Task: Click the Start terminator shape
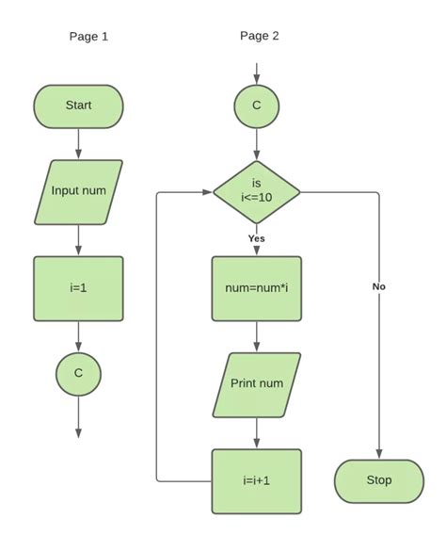(78, 106)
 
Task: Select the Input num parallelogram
(78, 191)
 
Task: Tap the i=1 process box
(78, 287)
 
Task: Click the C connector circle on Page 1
(78, 373)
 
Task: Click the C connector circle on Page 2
(256, 105)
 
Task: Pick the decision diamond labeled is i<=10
(256, 192)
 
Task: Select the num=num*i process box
(256, 287)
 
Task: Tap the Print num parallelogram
(256, 384)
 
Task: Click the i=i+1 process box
(256, 480)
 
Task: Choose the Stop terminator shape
(378, 480)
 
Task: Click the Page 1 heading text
(88, 37)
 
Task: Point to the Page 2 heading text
(259, 37)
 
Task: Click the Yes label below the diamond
(256, 238)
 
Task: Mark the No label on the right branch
(378, 286)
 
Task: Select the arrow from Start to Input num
(78, 142)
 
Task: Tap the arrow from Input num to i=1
(78, 239)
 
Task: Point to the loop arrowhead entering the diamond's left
(206, 192)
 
